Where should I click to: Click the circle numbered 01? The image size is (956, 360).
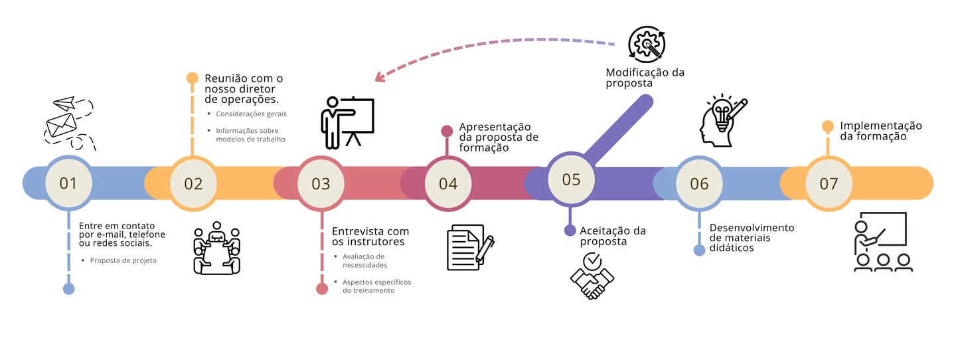click(68, 183)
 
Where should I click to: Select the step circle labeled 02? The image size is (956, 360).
click(193, 183)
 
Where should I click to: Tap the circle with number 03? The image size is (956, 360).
click(321, 183)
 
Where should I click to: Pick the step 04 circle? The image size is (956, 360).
click(448, 183)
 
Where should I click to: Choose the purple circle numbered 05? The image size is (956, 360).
click(571, 179)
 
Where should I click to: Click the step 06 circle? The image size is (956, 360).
click(699, 183)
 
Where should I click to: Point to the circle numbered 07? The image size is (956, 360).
click(829, 183)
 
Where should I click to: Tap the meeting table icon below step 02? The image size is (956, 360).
click(216, 248)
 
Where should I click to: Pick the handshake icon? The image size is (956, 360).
click(592, 276)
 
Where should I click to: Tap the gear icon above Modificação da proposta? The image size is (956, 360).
click(647, 45)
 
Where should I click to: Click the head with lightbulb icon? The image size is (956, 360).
click(722, 120)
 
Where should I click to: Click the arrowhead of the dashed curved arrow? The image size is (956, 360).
click(380, 77)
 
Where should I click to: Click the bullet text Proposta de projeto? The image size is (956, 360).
click(123, 260)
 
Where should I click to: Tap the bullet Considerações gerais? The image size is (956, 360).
click(251, 114)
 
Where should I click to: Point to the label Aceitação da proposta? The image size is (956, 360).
click(613, 236)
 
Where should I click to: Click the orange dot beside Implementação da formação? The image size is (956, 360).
click(828, 126)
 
